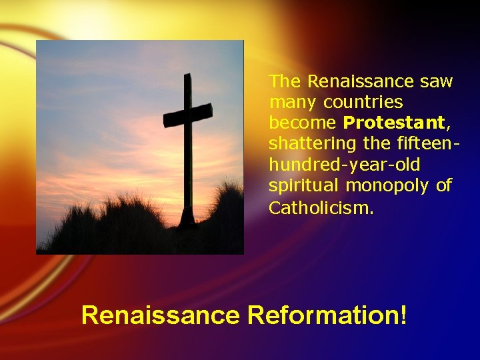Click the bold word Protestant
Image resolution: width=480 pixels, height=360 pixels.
[x=393, y=123]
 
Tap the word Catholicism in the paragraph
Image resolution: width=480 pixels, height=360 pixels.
[x=321, y=208]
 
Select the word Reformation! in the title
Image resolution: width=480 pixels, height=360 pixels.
[x=327, y=315]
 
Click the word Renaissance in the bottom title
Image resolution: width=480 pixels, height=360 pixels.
[x=160, y=315]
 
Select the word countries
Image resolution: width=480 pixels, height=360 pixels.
[x=363, y=103]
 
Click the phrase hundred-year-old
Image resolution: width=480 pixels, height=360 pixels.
[x=345, y=165]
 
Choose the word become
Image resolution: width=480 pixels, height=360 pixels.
[x=303, y=123]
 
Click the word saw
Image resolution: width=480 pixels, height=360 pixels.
[x=436, y=81]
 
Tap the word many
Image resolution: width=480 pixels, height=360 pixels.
[x=293, y=103]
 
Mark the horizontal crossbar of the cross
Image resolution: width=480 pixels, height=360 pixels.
[x=188, y=115]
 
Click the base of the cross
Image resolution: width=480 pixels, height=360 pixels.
[x=186, y=217]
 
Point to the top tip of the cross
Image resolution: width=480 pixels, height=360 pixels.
[x=187, y=75]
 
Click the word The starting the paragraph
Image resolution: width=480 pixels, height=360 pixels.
[x=285, y=81]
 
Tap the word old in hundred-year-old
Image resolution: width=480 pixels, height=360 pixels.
[x=407, y=165]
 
